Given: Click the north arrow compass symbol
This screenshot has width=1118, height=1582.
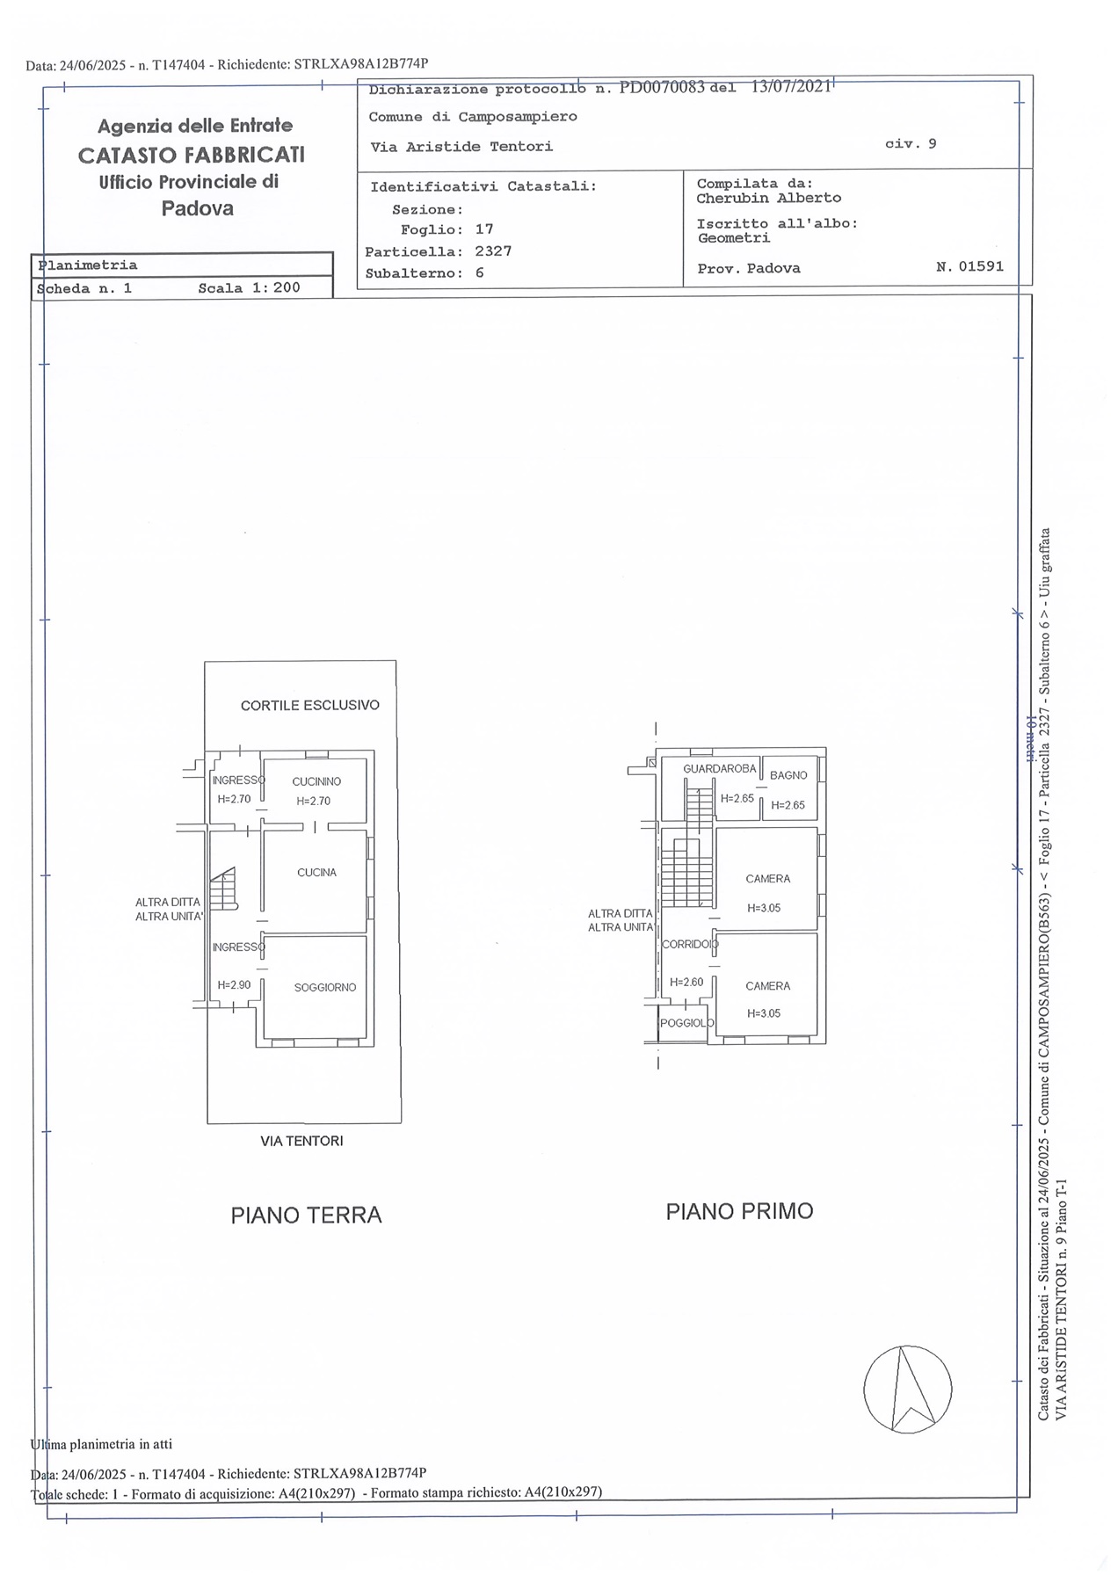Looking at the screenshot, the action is (x=907, y=1389).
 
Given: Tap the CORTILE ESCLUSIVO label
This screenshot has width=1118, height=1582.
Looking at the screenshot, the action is (x=310, y=705).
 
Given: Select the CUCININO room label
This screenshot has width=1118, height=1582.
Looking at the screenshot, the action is (x=316, y=781).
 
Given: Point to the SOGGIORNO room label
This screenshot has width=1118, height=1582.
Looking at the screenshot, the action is (x=325, y=987).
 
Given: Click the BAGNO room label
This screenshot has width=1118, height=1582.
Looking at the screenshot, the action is (x=788, y=775).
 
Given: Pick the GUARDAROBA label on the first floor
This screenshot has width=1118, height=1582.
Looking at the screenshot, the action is (x=720, y=768).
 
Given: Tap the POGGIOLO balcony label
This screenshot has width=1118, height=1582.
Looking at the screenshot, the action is (x=687, y=1023).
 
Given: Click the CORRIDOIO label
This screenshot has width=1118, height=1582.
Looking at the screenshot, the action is (x=690, y=944).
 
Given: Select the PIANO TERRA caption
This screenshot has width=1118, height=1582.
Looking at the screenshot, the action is (x=307, y=1215).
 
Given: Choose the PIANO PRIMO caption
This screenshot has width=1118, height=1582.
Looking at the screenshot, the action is (x=740, y=1211).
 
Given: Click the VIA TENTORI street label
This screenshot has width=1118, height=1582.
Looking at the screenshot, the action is (x=301, y=1141).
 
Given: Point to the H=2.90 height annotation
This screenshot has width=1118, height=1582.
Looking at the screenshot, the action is (x=235, y=985).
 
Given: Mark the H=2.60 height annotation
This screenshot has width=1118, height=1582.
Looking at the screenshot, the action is (x=686, y=982).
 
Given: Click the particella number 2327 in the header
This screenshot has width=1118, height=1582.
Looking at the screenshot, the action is (x=493, y=250).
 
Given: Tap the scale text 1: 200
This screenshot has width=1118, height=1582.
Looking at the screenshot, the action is (x=276, y=287).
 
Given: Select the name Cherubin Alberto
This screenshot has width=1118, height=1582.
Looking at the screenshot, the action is (x=769, y=198).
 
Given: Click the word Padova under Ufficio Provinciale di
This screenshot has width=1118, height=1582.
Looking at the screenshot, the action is (x=198, y=208).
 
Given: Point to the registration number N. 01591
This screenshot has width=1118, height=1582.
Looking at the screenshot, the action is (x=970, y=266).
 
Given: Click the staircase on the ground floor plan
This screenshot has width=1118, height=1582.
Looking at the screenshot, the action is (x=224, y=888).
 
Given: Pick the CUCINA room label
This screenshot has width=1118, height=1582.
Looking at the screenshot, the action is (x=316, y=873).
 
